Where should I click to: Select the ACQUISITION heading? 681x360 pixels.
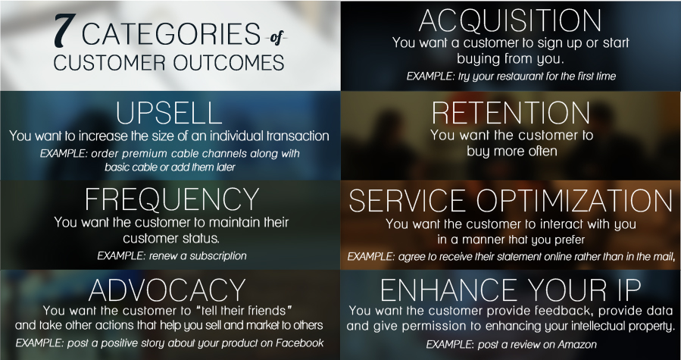[x=510, y=20]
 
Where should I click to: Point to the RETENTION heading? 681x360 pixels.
[x=511, y=113]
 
